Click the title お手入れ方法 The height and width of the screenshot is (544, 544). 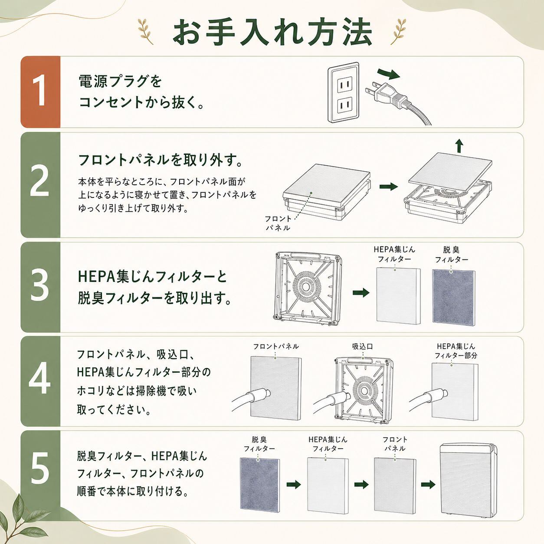point(272,33)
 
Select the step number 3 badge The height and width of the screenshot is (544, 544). point(40,287)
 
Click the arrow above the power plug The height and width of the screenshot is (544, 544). point(389,74)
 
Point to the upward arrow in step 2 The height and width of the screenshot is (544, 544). point(459,146)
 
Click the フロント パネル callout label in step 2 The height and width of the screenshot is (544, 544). point(278,223)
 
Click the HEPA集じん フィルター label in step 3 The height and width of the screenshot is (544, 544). point(394,254)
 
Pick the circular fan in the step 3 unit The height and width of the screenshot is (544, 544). point(305,287)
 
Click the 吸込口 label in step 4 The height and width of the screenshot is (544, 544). point(363,346)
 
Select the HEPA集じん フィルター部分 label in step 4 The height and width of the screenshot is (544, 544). point(456,351)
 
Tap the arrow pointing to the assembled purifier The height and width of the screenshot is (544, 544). point(428,485)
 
